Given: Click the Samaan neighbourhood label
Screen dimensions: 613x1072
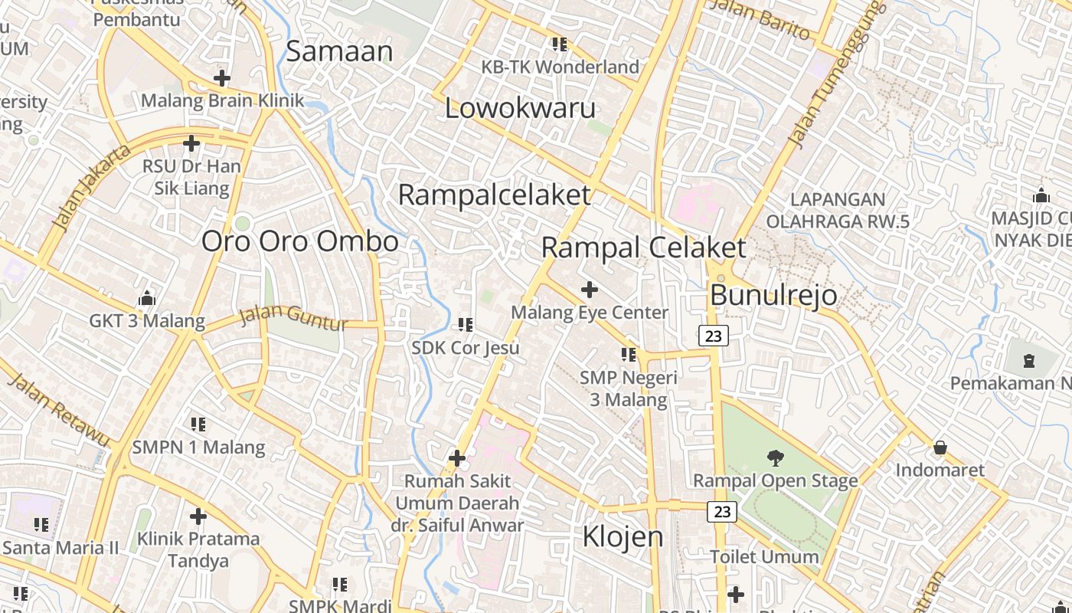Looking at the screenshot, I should pos(339,51).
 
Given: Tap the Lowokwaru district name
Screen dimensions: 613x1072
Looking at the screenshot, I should pos(520,108).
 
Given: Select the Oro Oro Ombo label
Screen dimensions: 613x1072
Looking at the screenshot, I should pos(299,241).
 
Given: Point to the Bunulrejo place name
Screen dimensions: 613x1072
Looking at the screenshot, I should pos(773,295).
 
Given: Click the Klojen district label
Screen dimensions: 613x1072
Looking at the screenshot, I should pos(623,536).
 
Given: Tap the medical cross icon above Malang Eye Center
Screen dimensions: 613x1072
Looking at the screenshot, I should pos(590,290).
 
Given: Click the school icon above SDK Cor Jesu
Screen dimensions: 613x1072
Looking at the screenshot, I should pos(466,325).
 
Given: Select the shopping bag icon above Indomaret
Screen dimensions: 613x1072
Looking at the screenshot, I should pos(940,447).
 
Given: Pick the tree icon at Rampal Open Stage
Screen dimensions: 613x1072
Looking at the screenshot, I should pos(776,458).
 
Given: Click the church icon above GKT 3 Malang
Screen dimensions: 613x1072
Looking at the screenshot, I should pos(147,298).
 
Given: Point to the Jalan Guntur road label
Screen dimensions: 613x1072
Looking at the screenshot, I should pos(294,318).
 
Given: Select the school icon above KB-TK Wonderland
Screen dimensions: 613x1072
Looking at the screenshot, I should pos(560,44).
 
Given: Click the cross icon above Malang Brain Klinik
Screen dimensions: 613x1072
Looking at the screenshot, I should pos(222,78).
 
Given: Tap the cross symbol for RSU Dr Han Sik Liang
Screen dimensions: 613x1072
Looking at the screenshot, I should pos(191,143).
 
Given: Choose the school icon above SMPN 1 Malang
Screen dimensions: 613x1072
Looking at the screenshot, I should pos(198,425).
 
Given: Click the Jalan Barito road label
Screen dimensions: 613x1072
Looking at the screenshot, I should pos(760,20).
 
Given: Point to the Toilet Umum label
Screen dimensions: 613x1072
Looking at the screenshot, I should pos(764,557).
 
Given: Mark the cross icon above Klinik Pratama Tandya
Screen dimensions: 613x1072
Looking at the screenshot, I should pos(198,516).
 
